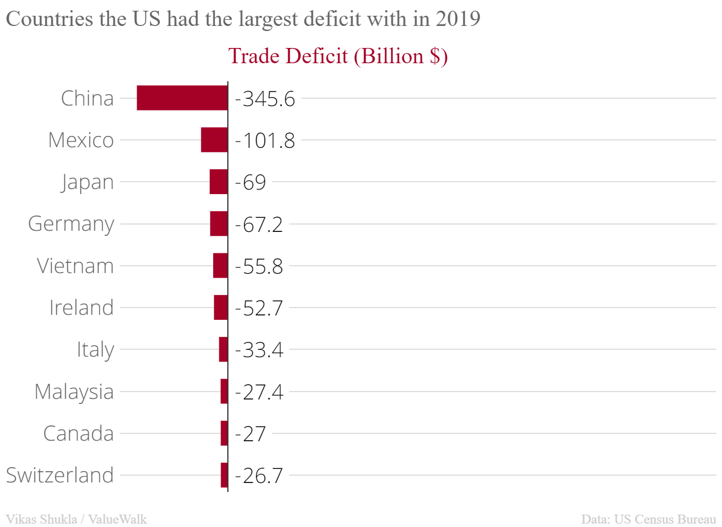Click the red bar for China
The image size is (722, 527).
(182, 98)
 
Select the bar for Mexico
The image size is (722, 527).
(214, 140)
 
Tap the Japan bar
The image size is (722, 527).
(219, 182)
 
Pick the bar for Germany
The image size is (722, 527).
(219, 223)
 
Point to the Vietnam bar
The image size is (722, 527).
(221, 265)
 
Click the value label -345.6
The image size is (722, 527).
(265, 99)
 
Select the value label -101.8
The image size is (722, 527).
(265, 140)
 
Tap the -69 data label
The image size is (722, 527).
(250, 182)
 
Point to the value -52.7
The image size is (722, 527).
(258, 308)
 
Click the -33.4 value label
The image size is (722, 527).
(258, 349)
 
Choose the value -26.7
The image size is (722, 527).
(258, 475)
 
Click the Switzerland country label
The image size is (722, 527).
(60, 475)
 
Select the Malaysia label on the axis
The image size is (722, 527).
(74, 392)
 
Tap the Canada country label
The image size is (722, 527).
(78, 433)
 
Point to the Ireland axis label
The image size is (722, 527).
(81, 308)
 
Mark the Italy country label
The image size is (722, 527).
(95, 350)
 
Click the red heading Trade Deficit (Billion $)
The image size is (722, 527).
(337, 56)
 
